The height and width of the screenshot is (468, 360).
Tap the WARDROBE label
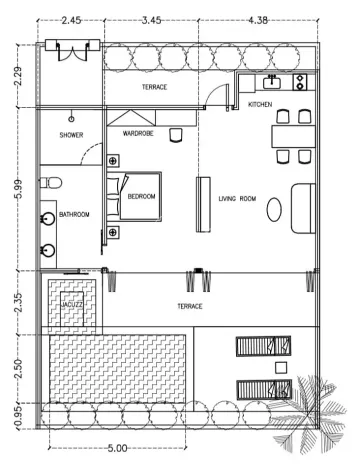(x=137, y=132)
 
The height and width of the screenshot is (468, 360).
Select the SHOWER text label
(x=71, y=134)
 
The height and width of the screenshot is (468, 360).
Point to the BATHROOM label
(x=73, y=214)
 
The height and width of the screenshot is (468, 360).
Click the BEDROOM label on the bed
(x=141, y=197)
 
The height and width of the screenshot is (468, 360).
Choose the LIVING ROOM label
(x=237, y=199)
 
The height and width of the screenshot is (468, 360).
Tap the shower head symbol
(x=71, y=117)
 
